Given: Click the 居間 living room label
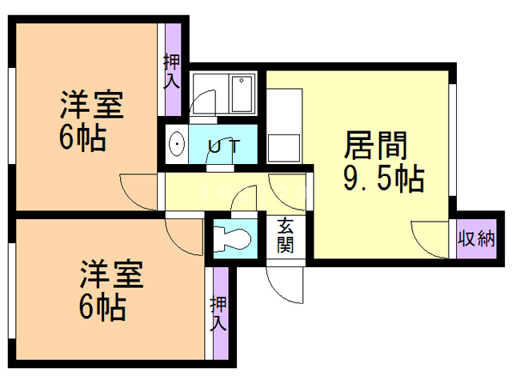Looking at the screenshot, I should coord(376,146).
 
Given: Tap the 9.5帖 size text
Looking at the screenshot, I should coord(383,180).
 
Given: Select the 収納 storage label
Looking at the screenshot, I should coord(475,239).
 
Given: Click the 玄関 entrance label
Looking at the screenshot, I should coord(286,235).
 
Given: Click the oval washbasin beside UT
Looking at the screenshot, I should coord(176,144).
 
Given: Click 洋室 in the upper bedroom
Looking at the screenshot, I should coord(90,105).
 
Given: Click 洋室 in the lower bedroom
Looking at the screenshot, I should coord(111,274).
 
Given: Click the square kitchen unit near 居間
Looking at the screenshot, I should coord(282,148).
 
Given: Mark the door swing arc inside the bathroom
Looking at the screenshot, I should coord(204,102).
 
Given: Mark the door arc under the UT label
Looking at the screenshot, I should coord(220,162).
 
